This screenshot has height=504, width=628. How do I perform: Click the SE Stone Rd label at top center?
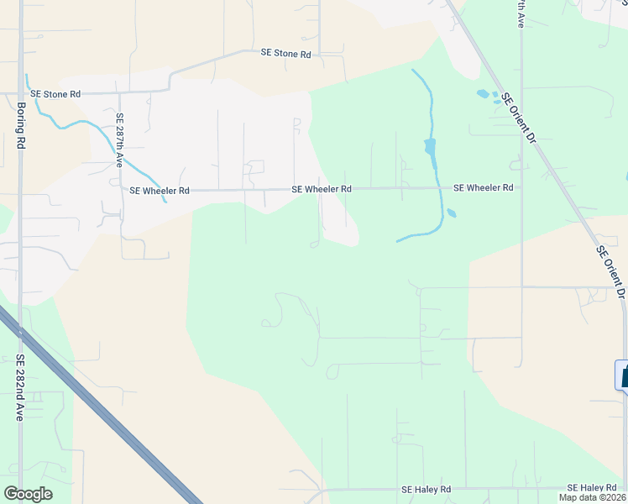(x=285, y=53)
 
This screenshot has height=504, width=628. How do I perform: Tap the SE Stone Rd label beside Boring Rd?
(x=55, y=94)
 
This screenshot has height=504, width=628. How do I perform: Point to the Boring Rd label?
(x=21, y=126)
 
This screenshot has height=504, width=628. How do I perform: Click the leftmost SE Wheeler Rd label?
(x=160, y=191)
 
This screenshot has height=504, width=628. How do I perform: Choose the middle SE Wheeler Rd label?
(x=322, y=190)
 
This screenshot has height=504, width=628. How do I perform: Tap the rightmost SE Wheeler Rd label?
(x=483, y=188)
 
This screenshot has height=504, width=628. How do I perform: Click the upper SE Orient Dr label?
(x=518, y=117)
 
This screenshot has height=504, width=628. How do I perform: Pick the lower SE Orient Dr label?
(x=611, y=272)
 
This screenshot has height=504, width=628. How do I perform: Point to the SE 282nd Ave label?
(x=20, y=387)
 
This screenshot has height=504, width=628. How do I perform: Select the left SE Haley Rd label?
(x=426, y=489)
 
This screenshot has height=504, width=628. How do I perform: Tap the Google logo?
(x=28, y=494)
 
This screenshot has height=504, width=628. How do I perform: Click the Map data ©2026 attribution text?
(x=593, y=497)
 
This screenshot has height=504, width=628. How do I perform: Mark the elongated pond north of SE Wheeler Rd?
(x=431, y=150)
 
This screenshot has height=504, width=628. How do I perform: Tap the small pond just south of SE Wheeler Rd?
(x=451, y=213)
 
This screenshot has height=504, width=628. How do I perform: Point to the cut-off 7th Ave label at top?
(x=521, y=15)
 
